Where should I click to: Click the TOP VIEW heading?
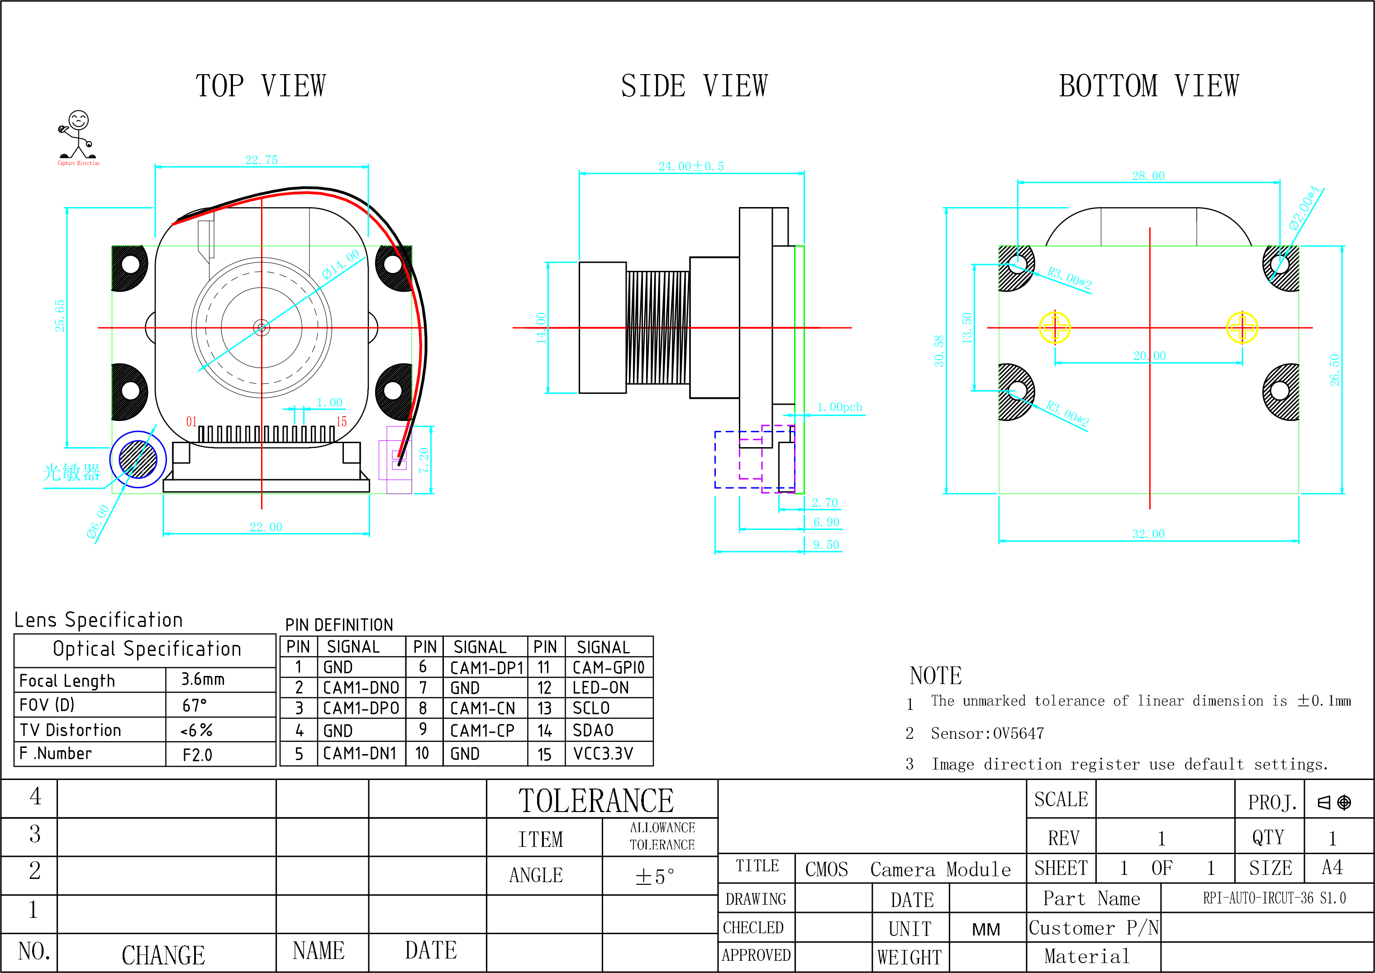click(261, 85)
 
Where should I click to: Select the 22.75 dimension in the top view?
click(262, 160)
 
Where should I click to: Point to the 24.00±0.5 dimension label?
click(691, 166)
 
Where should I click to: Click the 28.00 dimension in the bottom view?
click(1148, 175)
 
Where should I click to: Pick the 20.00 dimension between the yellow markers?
click(1149, 355)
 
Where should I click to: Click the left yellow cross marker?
click(1054, 327)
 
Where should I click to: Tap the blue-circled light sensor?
click(138, 459)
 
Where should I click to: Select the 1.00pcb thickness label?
click(839, 407)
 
